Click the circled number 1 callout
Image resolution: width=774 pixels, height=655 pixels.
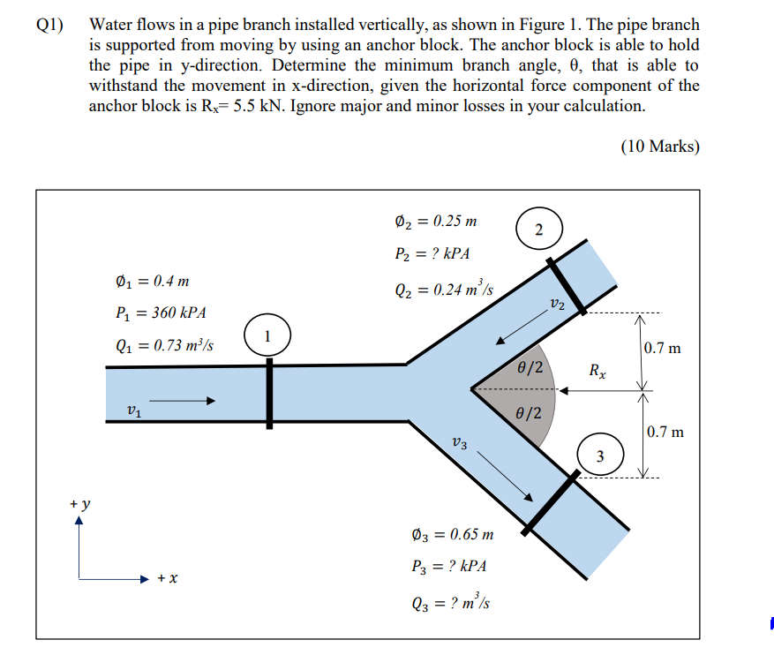click(x=269, y=336)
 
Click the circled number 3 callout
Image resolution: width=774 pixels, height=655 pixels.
click(x=600, y=455)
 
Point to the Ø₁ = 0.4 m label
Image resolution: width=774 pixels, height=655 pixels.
click(x=152, y=282)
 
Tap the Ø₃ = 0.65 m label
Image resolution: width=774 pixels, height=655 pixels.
click(x=453, y=534)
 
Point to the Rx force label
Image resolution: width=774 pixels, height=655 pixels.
click(x=598, y=371)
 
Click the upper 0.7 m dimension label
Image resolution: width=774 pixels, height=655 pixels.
click(x=663, y=348)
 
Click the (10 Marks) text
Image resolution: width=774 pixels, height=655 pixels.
click(x=659, y=147)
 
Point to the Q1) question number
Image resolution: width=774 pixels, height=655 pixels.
click(x=50, y=25)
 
